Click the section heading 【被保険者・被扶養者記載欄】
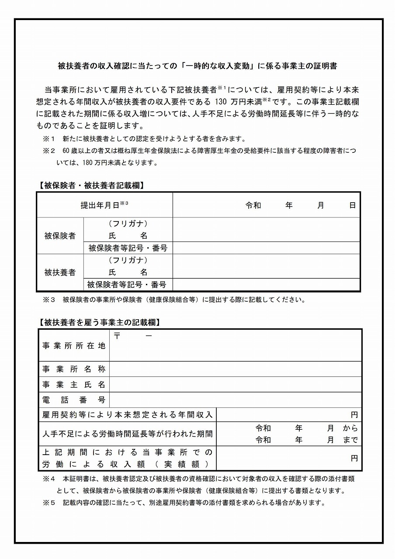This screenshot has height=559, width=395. [x=91, y=185]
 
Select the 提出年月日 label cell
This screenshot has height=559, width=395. [x=104, y=205]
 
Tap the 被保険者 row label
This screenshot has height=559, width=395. [x=60, y=236]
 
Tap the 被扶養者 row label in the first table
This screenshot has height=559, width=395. [x=60, y=273]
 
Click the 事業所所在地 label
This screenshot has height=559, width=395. [x=74, y=345]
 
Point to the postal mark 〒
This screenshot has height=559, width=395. [x=118, y=336]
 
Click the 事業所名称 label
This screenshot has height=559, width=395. [x=74, y=369]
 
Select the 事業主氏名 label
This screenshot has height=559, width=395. [x=74, y=385]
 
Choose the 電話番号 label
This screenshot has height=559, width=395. [x=74, y=400]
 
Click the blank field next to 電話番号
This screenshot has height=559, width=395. [x=236, y=400]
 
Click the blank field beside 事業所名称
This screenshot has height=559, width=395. [x=236, y=369]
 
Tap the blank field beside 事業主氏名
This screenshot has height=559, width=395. [x=236, y=385]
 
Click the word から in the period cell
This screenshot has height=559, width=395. [x=350, y=428]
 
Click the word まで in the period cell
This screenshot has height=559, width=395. [x=350, y=440]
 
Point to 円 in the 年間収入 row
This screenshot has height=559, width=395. [x=354, y=414]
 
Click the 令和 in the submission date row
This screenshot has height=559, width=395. [x=253, y=205]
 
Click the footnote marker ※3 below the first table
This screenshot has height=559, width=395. [x=49, y=300]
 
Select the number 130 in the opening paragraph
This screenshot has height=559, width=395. [x=222, y=102]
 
